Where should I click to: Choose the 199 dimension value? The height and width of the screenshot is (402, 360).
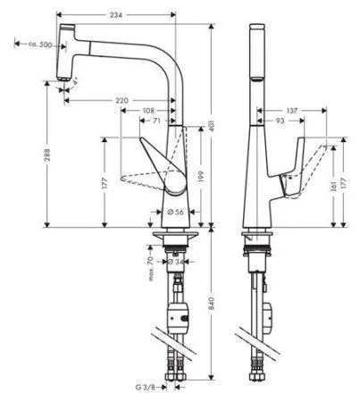(201, 176)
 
